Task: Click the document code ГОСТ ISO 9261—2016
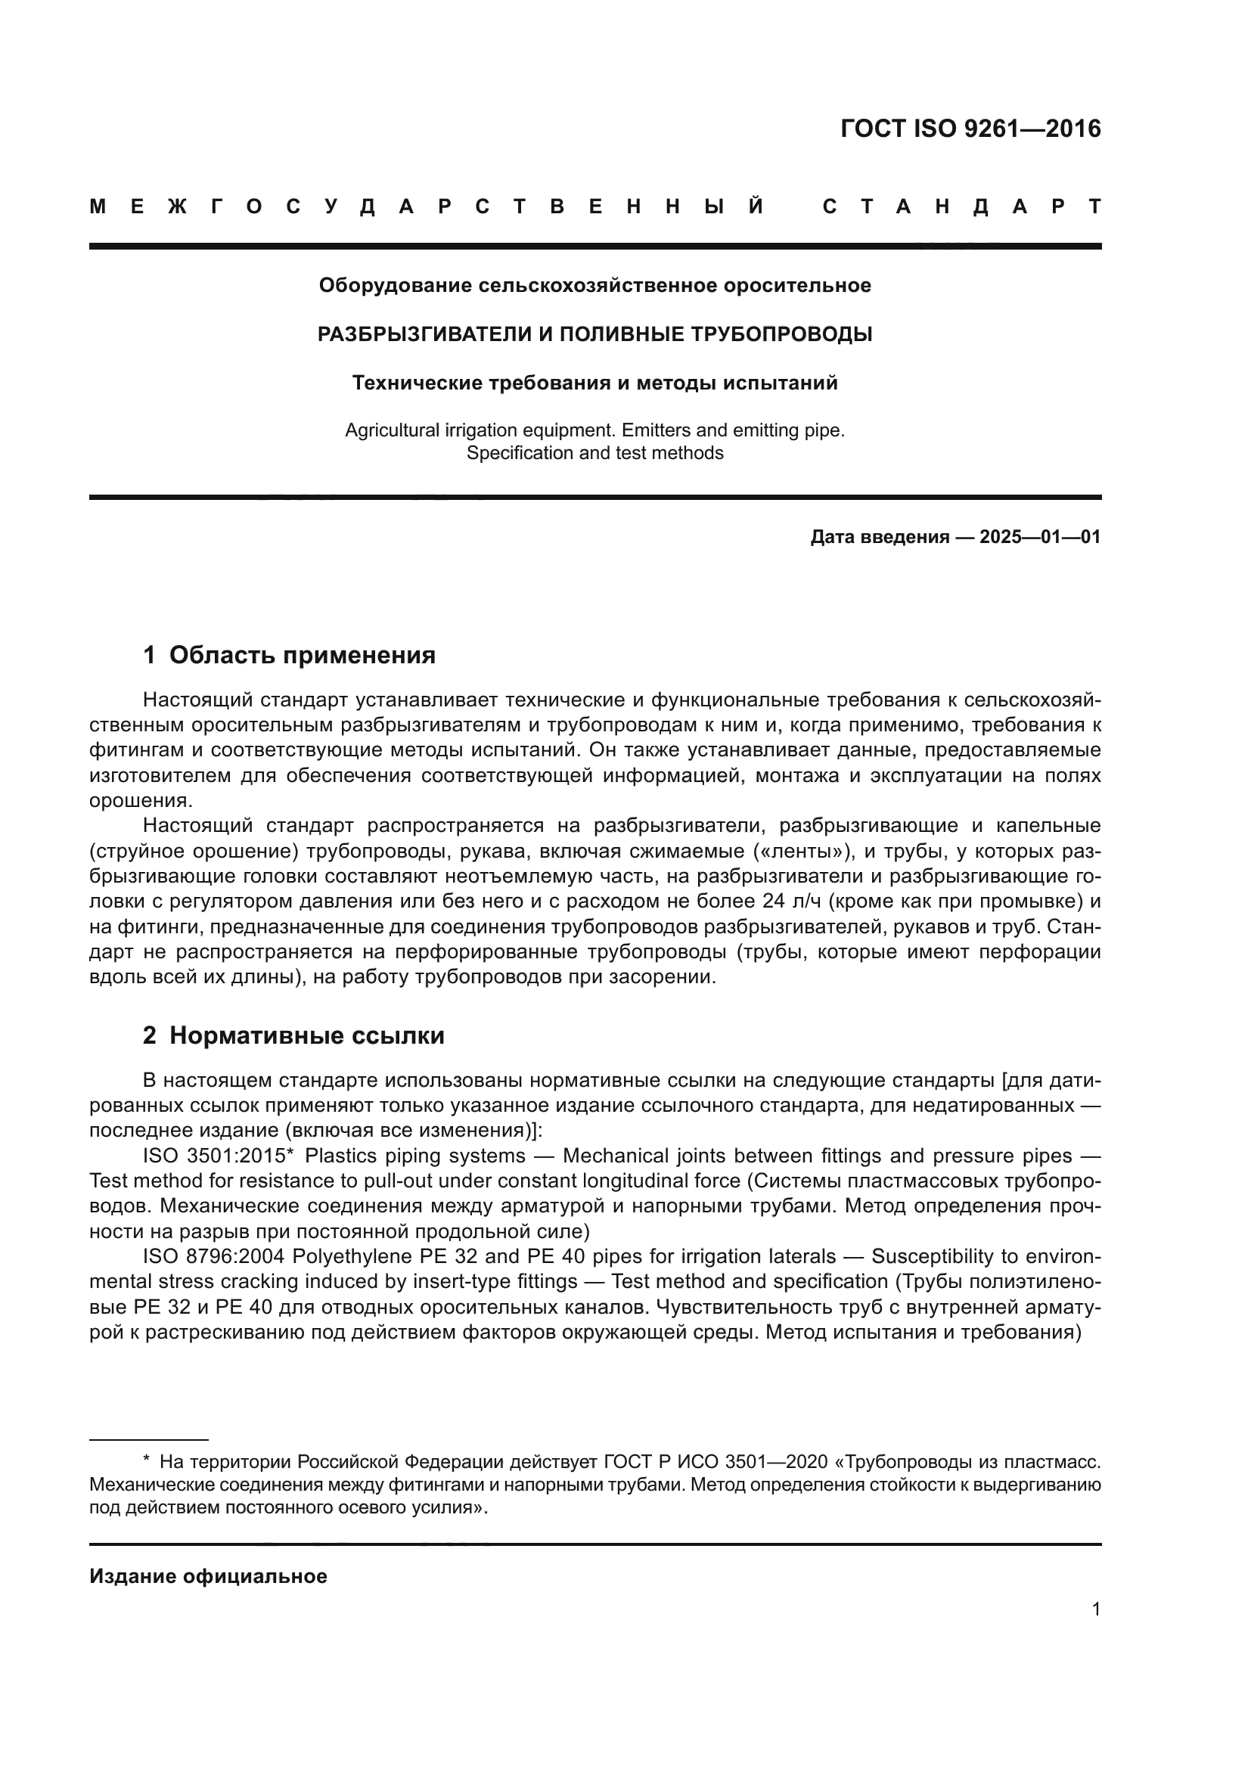pos(970,129)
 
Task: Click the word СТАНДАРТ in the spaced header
pos(962,206)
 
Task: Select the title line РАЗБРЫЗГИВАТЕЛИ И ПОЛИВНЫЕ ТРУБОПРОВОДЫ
pos(594,334)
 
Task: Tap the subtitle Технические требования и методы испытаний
pos(594,383)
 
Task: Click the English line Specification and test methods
pos(594,453)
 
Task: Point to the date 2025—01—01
pos(1039,537)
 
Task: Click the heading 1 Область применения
pos(289,655)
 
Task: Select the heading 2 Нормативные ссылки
pos(293,1035)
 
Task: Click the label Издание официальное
pos(208,1576)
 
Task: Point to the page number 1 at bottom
pos(1095,1609)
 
